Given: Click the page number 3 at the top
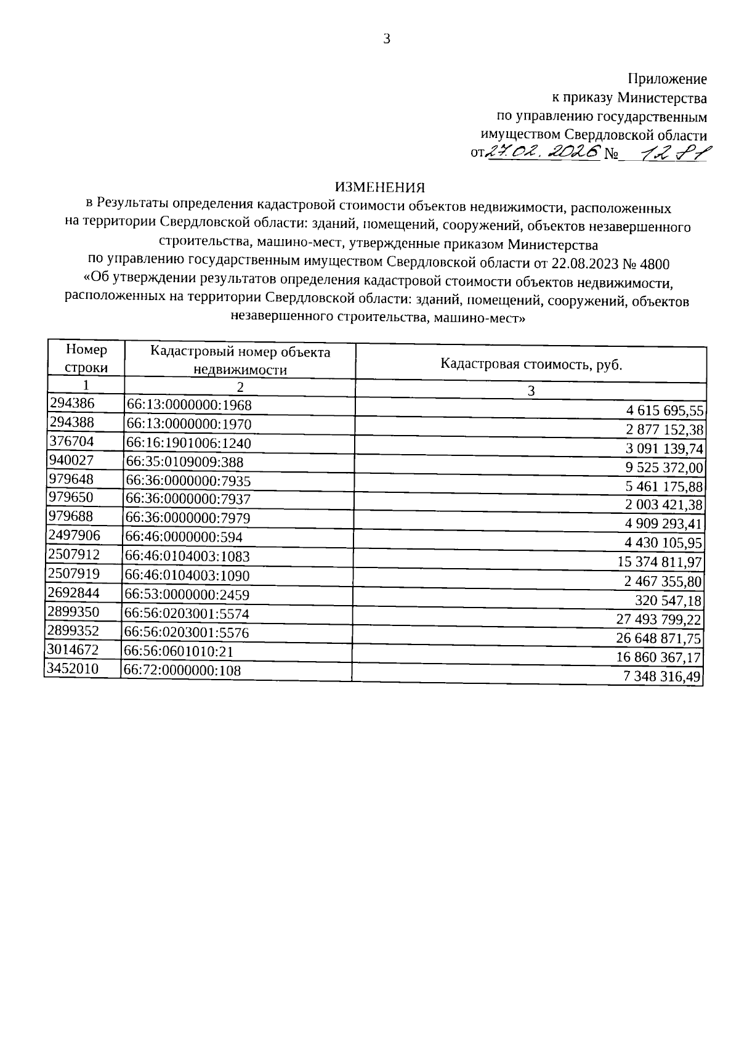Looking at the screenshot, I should (x=387, y=39).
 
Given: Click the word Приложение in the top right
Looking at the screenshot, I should (x=667, y=79).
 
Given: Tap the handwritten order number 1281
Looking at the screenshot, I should (x=673, y=152).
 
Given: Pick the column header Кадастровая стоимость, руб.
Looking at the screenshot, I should (x=531, y=364).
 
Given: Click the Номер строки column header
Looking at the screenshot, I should (x=86, y=359).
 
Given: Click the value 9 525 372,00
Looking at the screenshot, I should (x=664, y=468).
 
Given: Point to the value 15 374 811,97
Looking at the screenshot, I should (x=660, y=562).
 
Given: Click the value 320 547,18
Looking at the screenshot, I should (x=669, y=600).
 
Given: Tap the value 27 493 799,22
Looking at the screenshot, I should (x=660, y=619).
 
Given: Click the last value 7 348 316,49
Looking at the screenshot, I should (x=663, y=677).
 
